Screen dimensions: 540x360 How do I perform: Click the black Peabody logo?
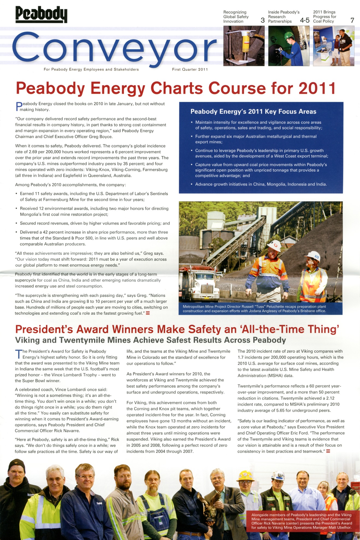click(41, 14)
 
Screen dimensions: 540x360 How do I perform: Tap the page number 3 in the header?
click(262, 20)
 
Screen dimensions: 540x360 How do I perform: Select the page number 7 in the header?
click(352, 20)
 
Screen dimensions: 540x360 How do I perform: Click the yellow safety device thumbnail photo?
click(244, 46)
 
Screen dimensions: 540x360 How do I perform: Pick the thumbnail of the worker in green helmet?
click(289, 46)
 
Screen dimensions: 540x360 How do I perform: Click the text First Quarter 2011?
click(190, 69)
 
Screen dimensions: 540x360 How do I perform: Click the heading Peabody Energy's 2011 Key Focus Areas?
click(253, 111)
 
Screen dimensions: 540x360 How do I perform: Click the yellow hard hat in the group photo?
click(245, 476)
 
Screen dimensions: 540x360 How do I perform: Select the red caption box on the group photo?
click(302, 521)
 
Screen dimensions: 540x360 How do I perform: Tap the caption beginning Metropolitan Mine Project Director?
click(254, 309)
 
